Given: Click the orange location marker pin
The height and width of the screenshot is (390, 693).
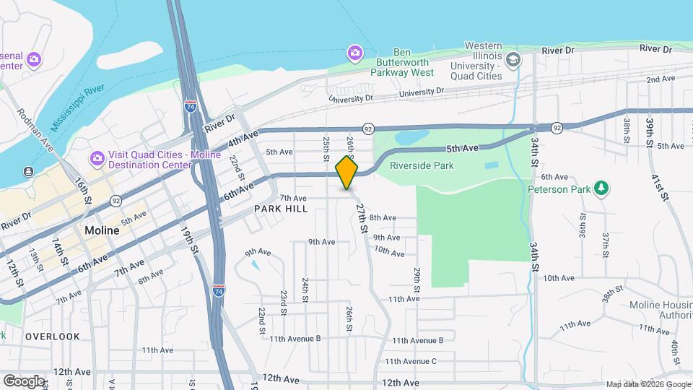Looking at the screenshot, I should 347,173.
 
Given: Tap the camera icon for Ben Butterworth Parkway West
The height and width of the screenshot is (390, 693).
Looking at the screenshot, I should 354,52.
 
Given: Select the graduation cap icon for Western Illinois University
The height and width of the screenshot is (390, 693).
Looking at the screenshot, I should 513,58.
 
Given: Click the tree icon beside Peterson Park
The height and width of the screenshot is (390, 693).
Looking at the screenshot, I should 601,188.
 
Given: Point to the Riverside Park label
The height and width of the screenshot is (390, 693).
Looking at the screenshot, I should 422,165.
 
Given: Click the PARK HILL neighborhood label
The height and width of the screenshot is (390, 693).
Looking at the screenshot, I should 281,209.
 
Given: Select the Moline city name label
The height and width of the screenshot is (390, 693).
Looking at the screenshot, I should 102,230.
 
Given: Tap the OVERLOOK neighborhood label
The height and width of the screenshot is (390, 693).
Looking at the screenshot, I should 53,337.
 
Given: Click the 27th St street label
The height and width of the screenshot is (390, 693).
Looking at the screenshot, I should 362,217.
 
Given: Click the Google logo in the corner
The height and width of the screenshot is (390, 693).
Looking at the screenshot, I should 23,381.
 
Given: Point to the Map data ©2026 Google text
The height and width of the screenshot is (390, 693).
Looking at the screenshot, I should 648,384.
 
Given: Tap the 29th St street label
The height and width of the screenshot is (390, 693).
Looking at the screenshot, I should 417,283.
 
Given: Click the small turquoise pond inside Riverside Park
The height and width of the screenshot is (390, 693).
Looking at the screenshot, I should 491,165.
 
